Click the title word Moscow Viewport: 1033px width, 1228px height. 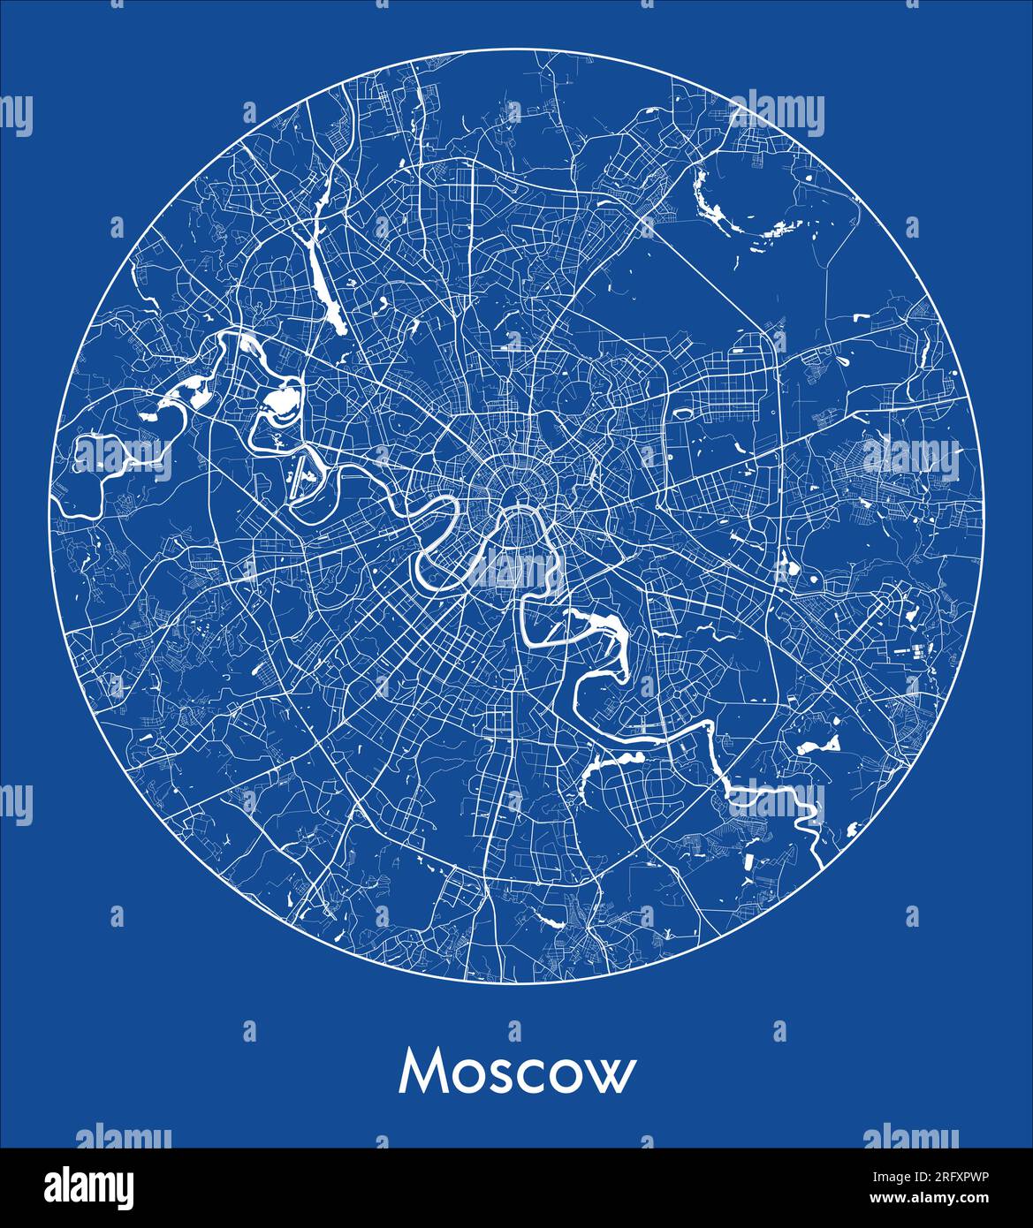tap(517, 1073)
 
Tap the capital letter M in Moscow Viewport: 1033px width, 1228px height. tap(420, 1073)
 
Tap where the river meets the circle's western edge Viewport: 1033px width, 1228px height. tap(57, 504)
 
